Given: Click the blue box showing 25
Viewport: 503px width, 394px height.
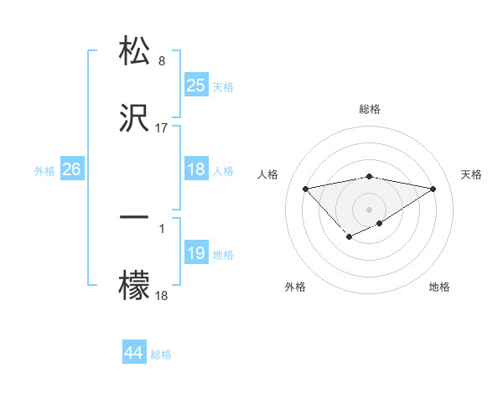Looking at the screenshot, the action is point(196,85).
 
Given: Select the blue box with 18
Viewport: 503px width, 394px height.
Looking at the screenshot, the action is point(196,169).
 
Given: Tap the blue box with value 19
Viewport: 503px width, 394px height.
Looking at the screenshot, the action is point(196,253).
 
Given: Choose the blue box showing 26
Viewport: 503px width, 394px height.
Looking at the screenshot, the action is point(71,169).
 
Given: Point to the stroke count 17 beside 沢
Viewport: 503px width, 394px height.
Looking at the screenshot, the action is point(162,128).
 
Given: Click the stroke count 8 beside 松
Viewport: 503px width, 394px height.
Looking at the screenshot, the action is point(162,61).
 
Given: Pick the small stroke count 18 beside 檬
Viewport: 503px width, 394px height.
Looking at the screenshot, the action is point(162,296).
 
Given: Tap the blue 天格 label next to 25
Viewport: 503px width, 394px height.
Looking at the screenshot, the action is point(223,86).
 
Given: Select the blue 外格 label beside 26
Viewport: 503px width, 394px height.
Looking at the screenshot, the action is point(44,170).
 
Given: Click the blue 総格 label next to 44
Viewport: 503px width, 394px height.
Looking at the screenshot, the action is point(161,355).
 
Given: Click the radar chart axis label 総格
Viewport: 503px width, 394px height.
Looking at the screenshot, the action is point(370,109).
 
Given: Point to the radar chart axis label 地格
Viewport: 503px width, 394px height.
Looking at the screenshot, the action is point(439,288).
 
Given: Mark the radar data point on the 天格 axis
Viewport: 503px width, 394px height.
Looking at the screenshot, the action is point(433,188).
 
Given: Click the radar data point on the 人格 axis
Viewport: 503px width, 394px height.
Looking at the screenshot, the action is point(305,188).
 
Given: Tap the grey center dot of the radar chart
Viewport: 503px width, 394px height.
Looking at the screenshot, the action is point(370,208).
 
